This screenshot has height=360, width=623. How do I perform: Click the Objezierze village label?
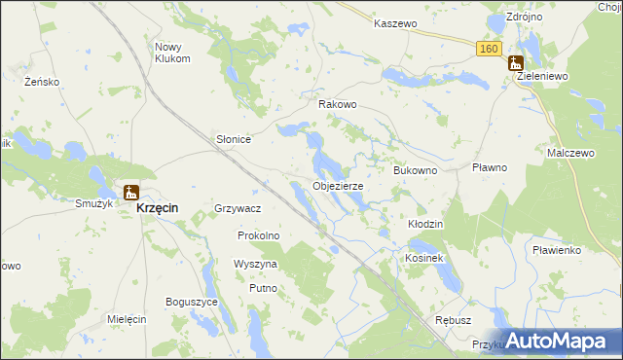point(338,186)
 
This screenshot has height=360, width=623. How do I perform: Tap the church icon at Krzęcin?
point(130,193)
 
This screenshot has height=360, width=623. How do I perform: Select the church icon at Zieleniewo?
point(515,63)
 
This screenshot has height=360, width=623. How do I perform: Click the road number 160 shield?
point(489,50)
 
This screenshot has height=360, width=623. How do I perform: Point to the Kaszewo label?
point(395,22)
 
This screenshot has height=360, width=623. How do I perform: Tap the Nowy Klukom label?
point(172,53)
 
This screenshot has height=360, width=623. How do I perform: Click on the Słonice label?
point(234,139)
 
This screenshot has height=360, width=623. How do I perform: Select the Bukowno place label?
point(415,170)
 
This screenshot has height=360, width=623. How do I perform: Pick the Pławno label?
point(490,167)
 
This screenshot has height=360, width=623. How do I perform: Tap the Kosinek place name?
point(424,258)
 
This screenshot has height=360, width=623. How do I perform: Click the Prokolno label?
point(259,235)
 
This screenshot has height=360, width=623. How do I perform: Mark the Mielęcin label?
point(127,319)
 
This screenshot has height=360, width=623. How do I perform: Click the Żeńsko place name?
point(43,82)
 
